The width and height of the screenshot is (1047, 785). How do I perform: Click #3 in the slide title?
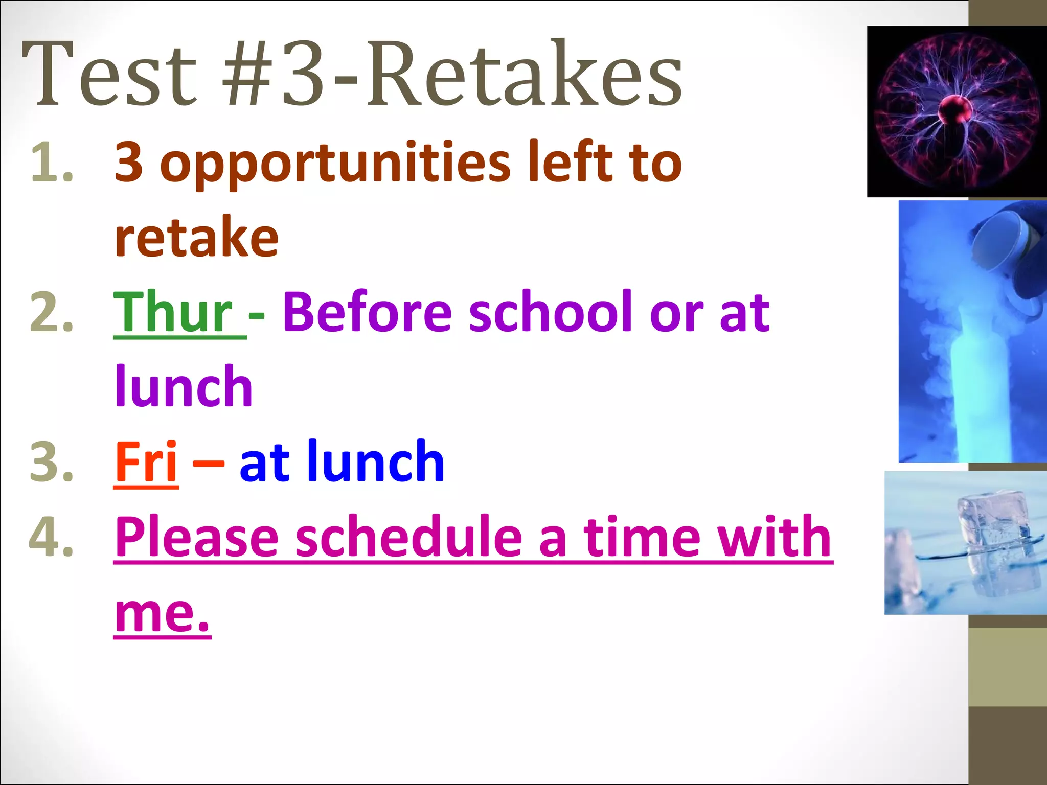click(x=276, y=74)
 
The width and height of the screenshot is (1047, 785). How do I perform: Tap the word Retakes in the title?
click(x=524, y=74)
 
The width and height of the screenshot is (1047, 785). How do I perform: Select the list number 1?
click(x=51, y=163)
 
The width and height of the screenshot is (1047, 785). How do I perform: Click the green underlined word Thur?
click(x=174, y=312)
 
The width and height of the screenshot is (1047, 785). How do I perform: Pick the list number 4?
click(x=51, y=537)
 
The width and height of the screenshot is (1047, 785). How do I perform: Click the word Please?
click(x=197, y=537)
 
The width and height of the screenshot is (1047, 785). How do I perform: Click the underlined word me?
click(x=162, y=613)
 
